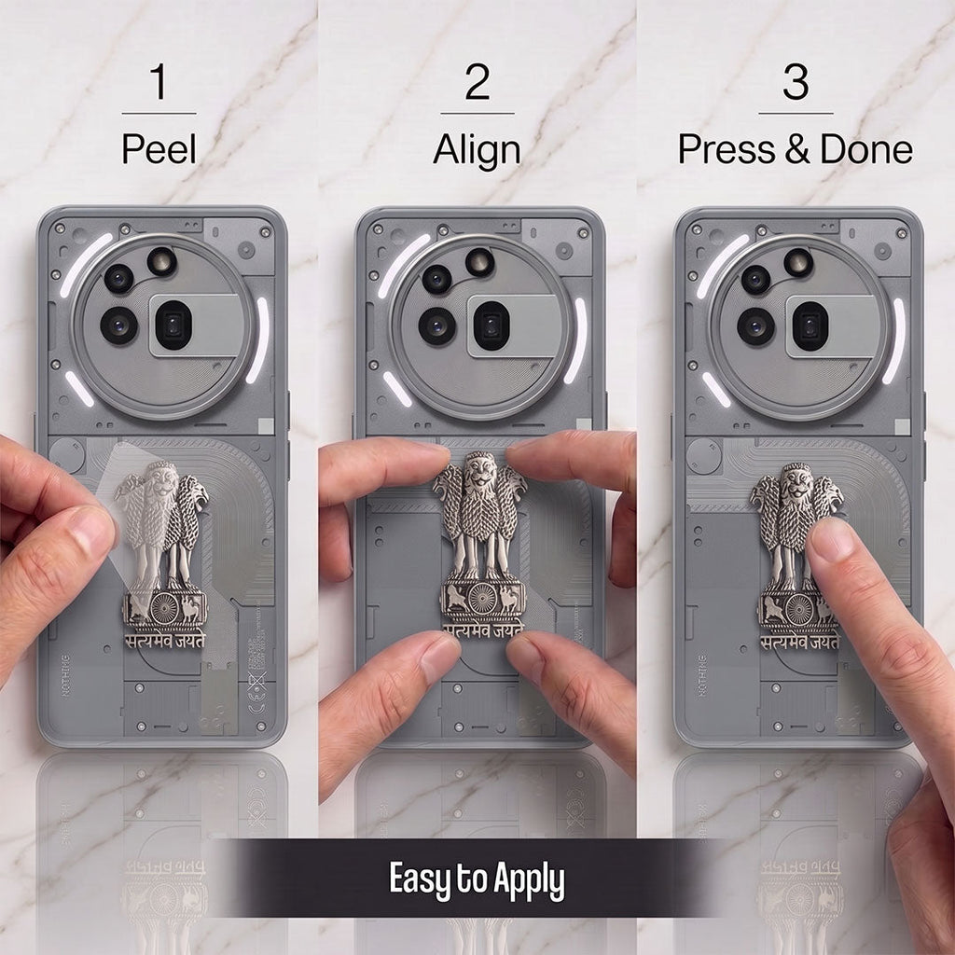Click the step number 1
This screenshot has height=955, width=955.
[x=159, y=82]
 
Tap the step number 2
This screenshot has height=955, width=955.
[x=477, y=82]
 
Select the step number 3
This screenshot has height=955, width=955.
[x=796, y=82]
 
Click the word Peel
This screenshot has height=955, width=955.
[x=159, y=148]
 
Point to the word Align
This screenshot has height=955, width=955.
[x=477, y=151]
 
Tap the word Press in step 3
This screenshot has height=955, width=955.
[x=727, y=149]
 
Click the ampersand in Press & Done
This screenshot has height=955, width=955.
[x=797, y=149]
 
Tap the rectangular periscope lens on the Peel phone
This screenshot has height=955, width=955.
[x=173, y=325]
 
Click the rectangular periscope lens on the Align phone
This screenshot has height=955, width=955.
[x=491, y=325]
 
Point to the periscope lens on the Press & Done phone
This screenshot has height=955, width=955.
[x=810, y=325]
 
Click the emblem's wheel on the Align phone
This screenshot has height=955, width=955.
[x=482, y=598]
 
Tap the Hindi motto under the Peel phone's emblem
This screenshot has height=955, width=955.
[x=165, y=640]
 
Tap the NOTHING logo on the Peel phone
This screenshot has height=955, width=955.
[x=65, y=675]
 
